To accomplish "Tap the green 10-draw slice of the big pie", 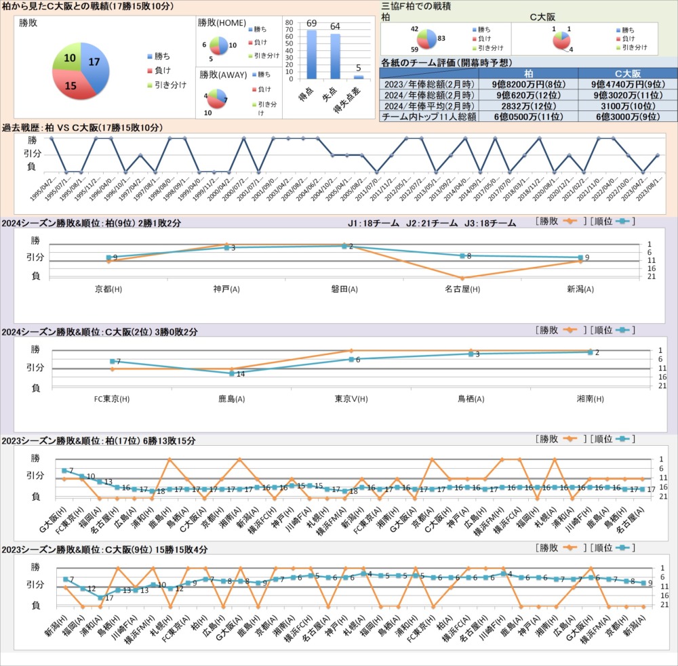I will point(68,57).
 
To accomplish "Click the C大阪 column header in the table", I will point(627,73).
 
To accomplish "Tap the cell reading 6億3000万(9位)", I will point(627,117).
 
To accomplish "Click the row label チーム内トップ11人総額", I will point(428,117).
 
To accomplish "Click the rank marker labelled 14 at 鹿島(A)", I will point(232,373).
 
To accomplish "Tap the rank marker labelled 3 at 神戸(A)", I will point(227,248).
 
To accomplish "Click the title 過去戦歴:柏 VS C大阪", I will point(83,127).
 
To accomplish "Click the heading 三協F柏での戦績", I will point(416,6).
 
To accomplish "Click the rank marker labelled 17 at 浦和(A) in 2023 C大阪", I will point(100,597).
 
